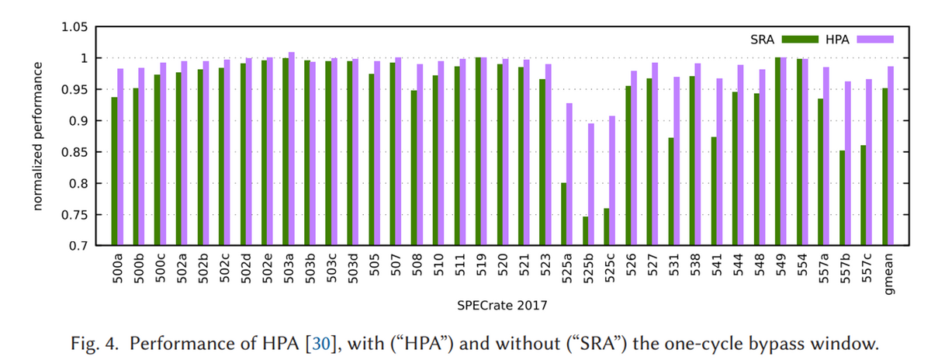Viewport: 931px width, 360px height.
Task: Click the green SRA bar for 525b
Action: [x=585, y=230]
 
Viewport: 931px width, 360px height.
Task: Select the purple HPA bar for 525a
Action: [x=569, y=174]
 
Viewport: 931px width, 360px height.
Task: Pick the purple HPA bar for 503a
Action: [x=292, y=149]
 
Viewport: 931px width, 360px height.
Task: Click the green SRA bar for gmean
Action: [x=885, y=167]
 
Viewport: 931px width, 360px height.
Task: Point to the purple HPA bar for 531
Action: [x=677, y=161]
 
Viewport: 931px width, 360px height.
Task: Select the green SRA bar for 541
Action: [x=714, y=191]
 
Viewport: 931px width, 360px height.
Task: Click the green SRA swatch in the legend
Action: [x=800, y=40]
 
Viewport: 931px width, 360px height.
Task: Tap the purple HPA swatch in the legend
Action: [x=875, y=40]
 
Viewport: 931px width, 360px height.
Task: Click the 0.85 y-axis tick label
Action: [x=74, y=152]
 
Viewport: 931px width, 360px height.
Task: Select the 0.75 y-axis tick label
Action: [x=74, y=215]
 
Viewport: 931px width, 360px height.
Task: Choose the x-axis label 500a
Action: [x=118, y=268]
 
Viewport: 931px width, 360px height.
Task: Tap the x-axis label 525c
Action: [x=609, y=268]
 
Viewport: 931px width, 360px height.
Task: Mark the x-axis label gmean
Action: [x=888, y=274]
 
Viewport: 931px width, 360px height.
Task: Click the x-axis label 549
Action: [x=781, y=265]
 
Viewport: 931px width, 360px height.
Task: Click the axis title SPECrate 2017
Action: [x=502, y=306]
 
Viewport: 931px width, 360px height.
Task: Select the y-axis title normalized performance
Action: [x=37, y=137]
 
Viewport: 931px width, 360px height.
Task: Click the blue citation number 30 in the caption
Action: [x=321, y=344]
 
